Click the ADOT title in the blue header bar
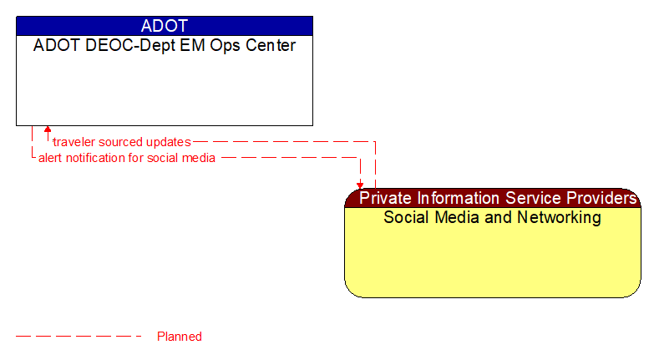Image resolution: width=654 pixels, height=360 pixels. pyautogui.click(x=165, y=26)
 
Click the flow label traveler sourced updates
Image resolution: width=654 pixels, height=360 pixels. pyautogui.click(x=122, y=142)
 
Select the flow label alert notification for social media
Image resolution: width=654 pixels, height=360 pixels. pyautogui.click(x=127, y=158)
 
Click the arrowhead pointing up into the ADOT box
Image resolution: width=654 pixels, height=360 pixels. pyautogui.click(x=48, y=130)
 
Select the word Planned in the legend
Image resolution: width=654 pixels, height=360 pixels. pyautogui.click(x=180, y=337)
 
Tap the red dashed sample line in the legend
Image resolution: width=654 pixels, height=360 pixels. pyautogui.click(x=79, y=337)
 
